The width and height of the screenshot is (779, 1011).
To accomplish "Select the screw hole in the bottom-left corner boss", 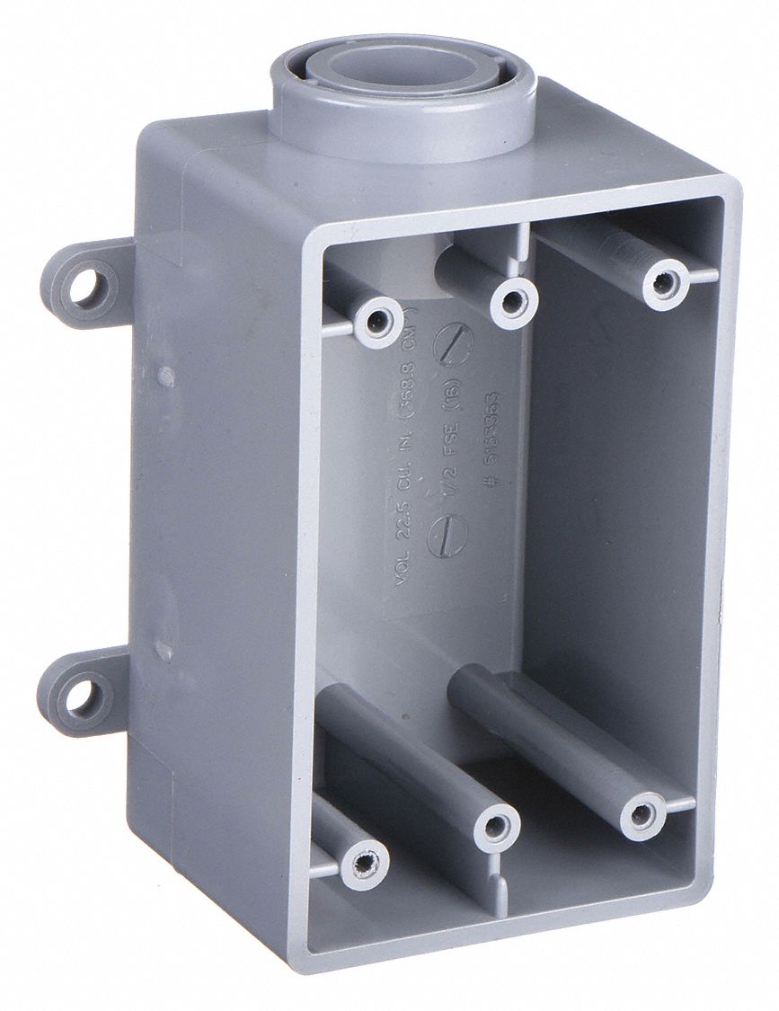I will point(365,864).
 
